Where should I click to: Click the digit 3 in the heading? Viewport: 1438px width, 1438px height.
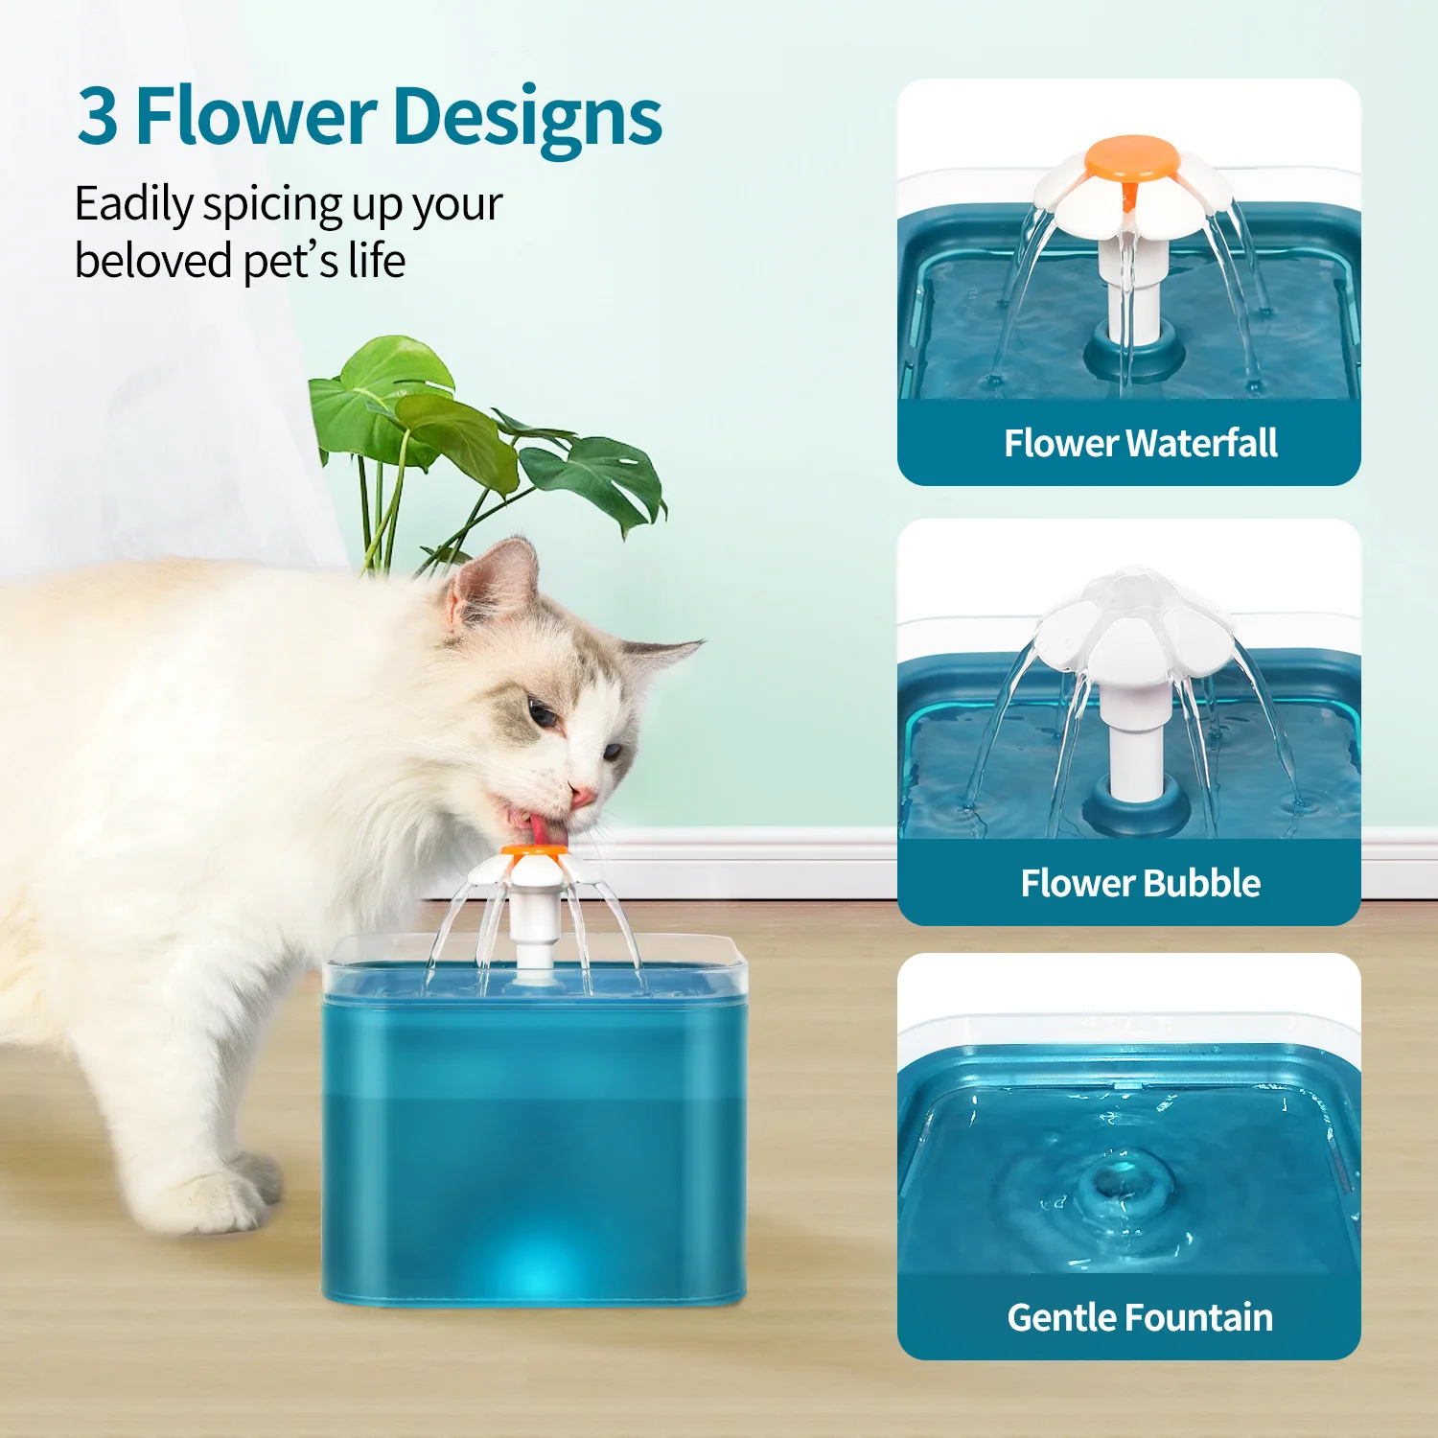click(98, 117)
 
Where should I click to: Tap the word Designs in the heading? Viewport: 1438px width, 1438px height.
click(527, 119)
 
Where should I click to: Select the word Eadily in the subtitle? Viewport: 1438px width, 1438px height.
click(133, 204)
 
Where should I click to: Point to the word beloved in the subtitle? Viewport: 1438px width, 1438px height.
click(152, 261)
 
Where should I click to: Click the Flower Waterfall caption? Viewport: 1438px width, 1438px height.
click(1140, 443)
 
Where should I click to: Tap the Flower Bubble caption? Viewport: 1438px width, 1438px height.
click(1140, 883)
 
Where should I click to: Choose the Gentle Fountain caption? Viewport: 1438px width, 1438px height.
click(1140, 1317)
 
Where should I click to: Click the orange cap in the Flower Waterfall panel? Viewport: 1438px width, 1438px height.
click(1131, 157)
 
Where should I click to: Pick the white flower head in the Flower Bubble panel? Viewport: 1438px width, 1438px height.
click(1131, 623)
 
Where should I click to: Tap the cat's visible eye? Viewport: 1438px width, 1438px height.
click(543, 715)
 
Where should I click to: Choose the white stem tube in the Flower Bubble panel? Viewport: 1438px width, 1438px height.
click(1135, 748)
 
